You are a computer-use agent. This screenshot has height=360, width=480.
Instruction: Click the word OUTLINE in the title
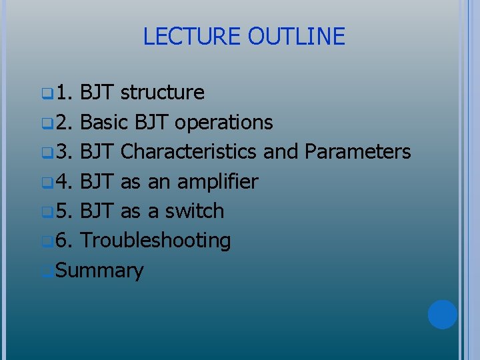(x=296, y=36)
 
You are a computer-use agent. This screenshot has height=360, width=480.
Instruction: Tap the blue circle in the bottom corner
(x=442, y=314)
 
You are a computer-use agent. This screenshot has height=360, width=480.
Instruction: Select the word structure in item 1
(x=163, y=93)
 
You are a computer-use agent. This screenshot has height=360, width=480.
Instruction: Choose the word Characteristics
(x=189, y=152)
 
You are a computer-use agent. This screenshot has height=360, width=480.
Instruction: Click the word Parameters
(x=357, y=152)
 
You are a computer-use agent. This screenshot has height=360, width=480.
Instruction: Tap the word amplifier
(x=217, y=182)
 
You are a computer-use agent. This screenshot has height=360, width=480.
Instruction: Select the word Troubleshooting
(x=155, y=241)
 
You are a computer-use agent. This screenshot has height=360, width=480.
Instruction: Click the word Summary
(x=100, y=271)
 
